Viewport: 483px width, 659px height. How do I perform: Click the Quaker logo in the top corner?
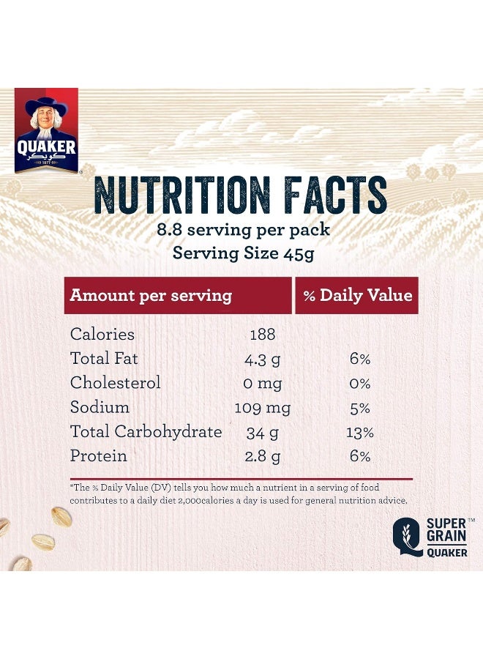pyautogui.click(x=46, y=130)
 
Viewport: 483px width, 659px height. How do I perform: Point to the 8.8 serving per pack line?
pyautogui.click(x=243, y=229)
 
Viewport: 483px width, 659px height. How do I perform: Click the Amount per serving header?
pyautogui.click(x=151, y=296)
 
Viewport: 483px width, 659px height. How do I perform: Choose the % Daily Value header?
pyautogui.click(x=358, y=296)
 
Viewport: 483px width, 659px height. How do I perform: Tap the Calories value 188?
pyautogui.click(x=263, y=335)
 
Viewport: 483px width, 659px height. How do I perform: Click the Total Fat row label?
pyautogui.click(x=104, y=359)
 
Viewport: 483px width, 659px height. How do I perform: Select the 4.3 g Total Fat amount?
pyautogui.click(x=263, y=360)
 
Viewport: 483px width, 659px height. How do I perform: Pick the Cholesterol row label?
pyautogui.click(x=115, y=383)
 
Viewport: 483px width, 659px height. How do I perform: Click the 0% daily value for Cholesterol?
pyautogui.click(x=359, y=384)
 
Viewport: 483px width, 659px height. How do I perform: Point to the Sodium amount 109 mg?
pyautogui.click(x=263, y=408)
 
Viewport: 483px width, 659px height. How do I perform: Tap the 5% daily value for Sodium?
pyautogui.click(x=359, y=408)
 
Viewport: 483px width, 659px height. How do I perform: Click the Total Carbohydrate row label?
pyautogui.click(x=146, y=432)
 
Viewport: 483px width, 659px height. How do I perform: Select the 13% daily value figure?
pyautogui.click(x=359, y=432)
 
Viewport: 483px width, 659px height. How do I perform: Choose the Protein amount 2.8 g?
pyautogui.click(x=263, y=456)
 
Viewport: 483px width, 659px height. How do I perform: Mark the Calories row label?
pyautogui.click(x=102, y=335)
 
